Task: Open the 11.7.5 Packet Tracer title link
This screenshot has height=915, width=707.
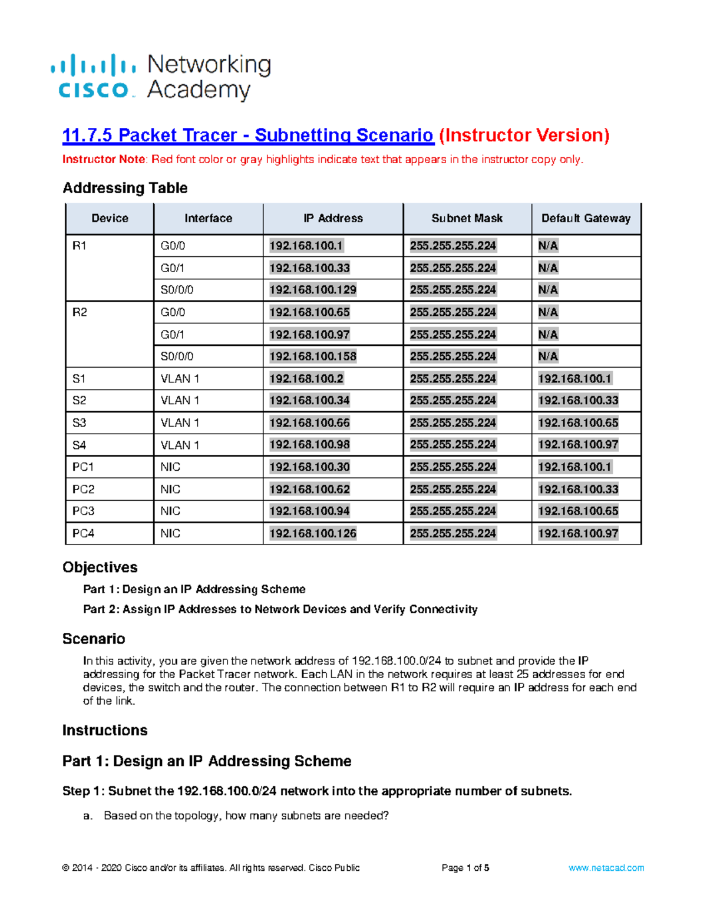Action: (247, 136)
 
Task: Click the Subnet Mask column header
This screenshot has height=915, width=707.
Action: (467, 219)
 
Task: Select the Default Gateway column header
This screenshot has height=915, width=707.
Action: (586, 219)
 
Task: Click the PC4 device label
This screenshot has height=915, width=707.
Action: (83, 533)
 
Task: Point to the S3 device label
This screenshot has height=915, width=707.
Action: (79, 423)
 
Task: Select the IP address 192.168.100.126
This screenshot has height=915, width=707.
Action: (313, 533)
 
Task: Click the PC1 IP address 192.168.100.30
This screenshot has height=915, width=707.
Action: (309, 467)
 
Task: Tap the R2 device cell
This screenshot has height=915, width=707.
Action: (80, 312)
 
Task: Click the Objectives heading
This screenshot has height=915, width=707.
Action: (100, 567)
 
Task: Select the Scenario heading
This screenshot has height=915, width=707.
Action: (94, 639)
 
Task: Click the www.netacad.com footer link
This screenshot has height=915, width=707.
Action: (606, 868)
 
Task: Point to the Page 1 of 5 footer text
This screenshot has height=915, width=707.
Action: (465, 868)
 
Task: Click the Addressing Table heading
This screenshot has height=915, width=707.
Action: (125, 188)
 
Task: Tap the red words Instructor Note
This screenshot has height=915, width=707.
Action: (104, 160)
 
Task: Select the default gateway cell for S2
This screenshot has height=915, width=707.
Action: (578, 401)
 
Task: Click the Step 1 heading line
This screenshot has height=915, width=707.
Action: (317, 791)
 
